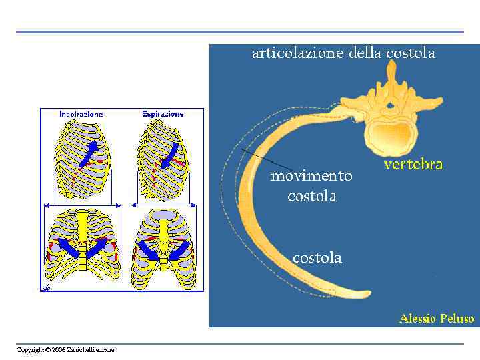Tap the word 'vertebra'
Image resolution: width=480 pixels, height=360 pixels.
pyautogui.click(x=413, y=165)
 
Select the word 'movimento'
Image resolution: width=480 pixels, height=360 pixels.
pyautogui.click(x=311, y=176)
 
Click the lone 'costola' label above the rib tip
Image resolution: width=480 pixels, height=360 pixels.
pyautogui.click(x=317, y=258)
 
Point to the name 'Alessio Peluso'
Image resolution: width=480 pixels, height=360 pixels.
pyautogui.click(x=436, y=319)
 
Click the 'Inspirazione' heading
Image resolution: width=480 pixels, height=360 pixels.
pyautogui.click(x=81, y=115)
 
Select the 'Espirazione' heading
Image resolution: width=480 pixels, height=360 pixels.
pyautogui.click(x=163, y=115)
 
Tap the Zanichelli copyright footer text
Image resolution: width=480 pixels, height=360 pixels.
pyautogui.click(x=65, y=350)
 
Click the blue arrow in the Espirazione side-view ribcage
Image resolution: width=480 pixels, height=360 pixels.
pyautogui.click(x=169, y=155)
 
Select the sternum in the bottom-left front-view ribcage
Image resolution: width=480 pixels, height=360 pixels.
pyautogui.click(x=81, y=240)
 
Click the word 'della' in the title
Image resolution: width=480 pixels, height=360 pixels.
pyautogui.click(x=365, y=54)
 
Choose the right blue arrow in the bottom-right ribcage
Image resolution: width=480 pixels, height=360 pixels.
pyautogui.click(x=179, y=251)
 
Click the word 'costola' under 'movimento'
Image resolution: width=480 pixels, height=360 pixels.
pyautogui.click(x=311, y=196)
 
